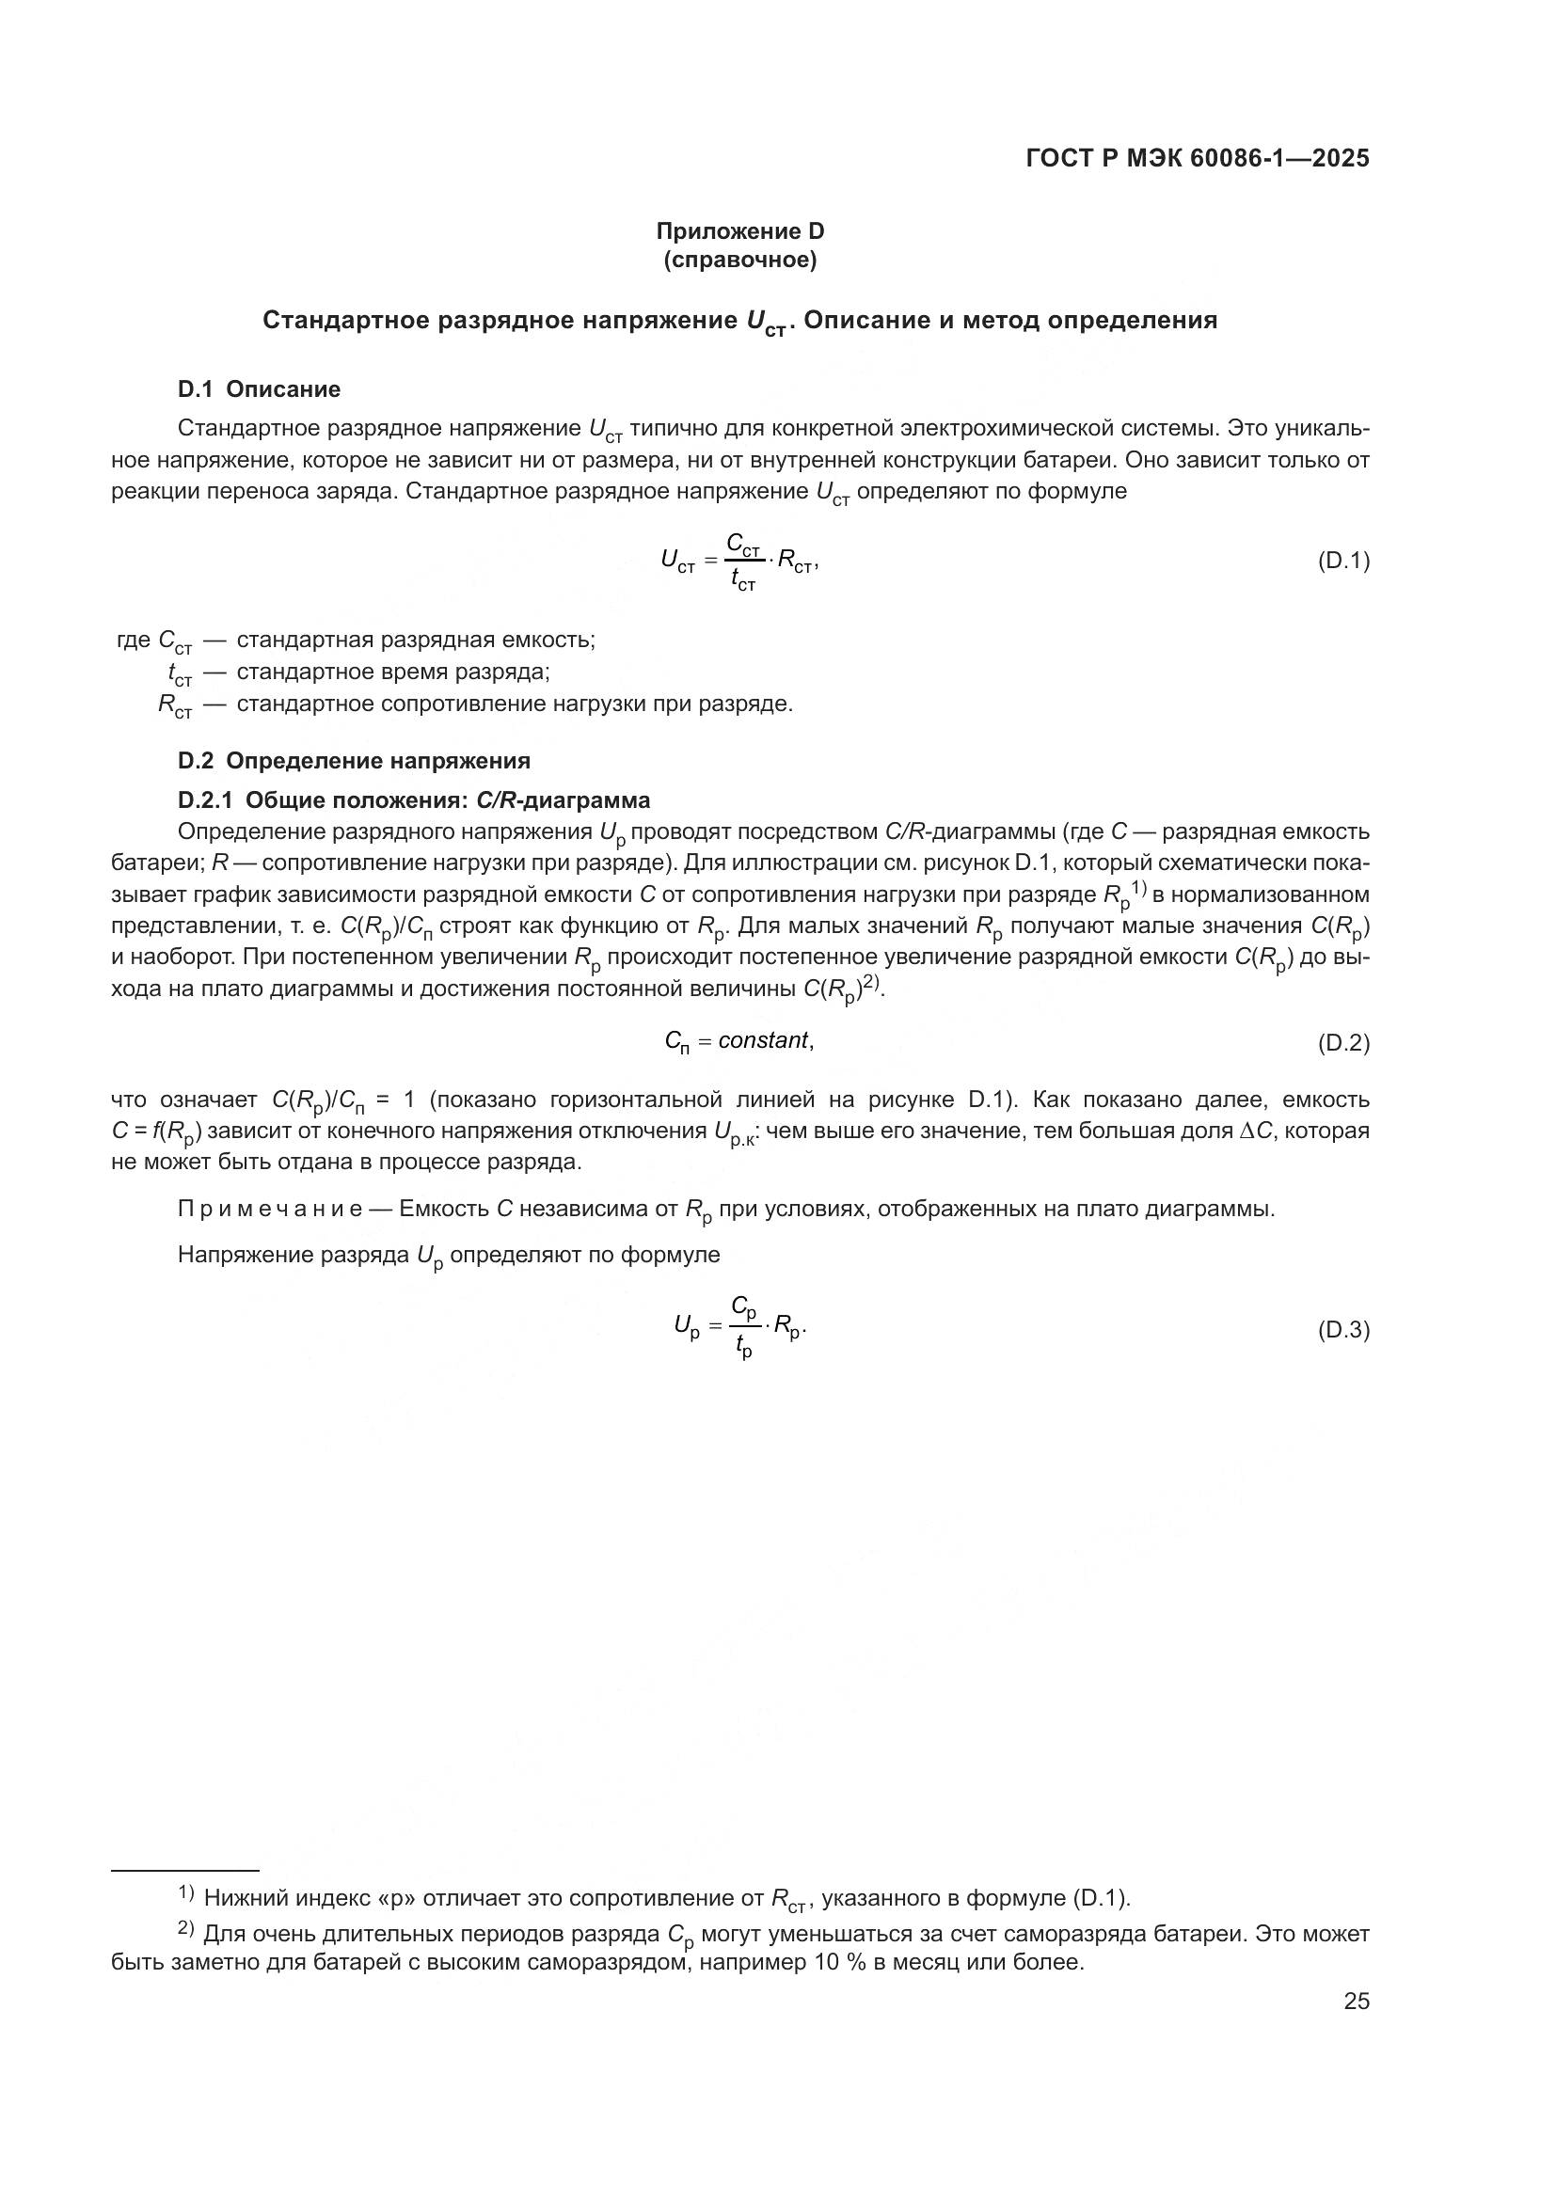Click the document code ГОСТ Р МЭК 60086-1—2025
point(1197,159)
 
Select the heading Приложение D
point(739,231)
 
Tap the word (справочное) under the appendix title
point(739,260)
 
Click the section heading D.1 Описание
point(259,389)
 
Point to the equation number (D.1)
point(1343,561)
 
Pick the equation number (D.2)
point(1343,1043)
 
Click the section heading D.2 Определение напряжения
point(354,761)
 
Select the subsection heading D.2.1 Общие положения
point(414,800)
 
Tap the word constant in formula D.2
point(764,1040)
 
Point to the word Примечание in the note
point(270,1210)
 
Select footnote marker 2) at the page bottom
point(186,1928)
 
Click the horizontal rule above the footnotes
point(185,1870)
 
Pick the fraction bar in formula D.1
point(744,562)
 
